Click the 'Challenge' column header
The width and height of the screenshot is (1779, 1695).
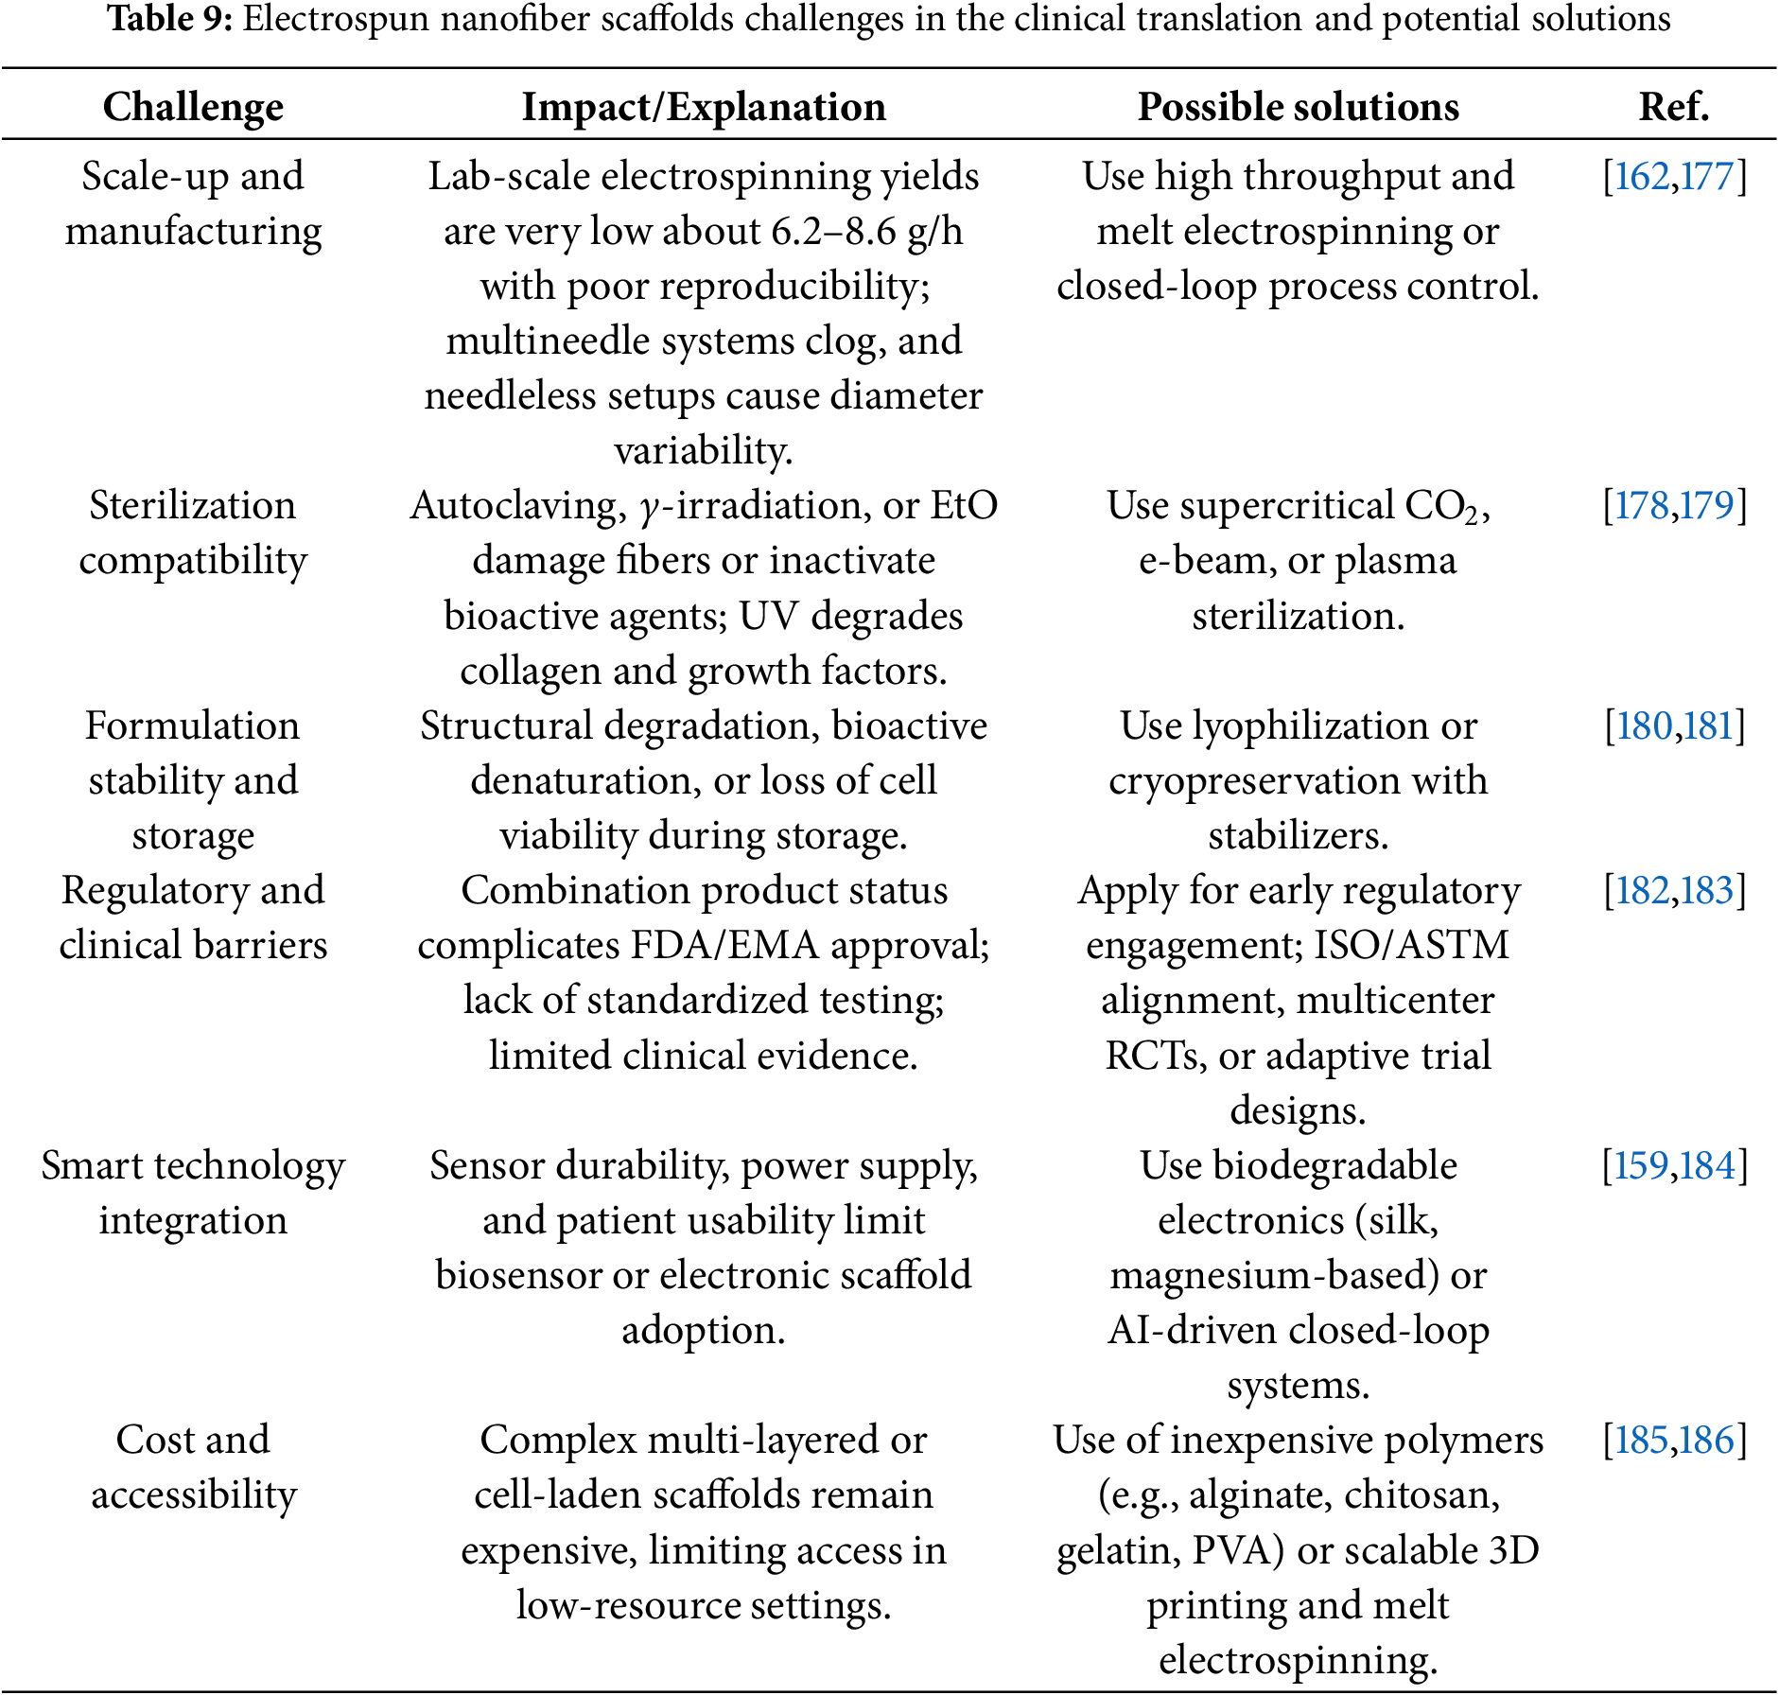(193, 107)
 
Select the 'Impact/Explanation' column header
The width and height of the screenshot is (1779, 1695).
(704, 107)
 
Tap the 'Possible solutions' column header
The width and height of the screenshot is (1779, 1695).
(1298, 107)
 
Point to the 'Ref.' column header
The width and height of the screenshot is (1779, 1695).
(1673, 107)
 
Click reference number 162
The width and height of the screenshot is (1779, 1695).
(1641, 177)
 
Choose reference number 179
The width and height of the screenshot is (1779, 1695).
(1708, 506)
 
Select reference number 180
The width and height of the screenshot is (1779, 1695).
(1644, 726)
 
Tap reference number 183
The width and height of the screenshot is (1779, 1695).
(1708, 891)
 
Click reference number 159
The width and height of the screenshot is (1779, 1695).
(1641, 1166)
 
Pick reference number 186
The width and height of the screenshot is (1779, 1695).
(1708, 1441)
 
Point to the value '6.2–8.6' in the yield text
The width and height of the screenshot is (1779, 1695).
(833, 232)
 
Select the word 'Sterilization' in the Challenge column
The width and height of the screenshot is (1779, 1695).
(193, 506)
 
